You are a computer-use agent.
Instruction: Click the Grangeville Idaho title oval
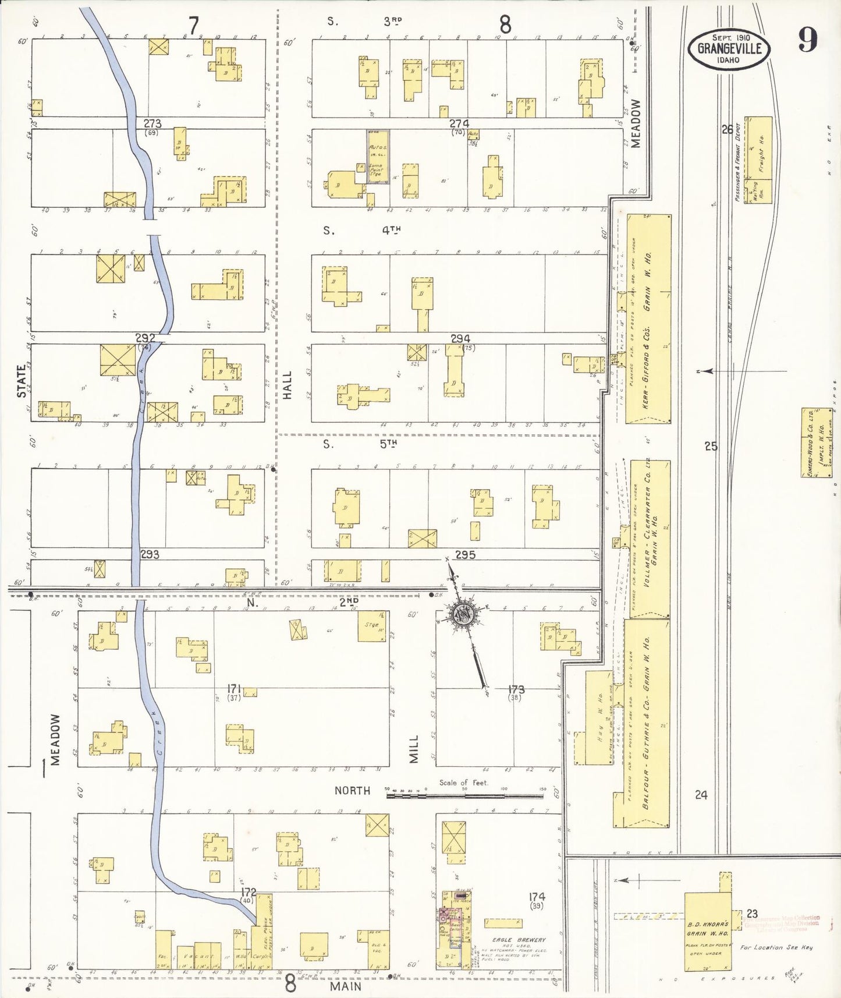pos(729,48)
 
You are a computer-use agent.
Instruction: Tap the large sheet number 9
pos(807,40)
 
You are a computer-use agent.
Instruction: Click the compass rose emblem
pos(464,614)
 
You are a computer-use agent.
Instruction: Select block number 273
pos(152,123)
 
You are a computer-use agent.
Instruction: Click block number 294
pos(460,338)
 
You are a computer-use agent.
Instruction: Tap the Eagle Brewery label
pos(519,939)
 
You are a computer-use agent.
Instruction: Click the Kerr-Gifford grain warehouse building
pos(648,319)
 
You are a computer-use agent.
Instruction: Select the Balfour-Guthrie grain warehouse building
pos(647,722)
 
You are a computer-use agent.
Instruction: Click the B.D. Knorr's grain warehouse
pos(707,931)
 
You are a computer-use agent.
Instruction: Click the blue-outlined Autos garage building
pos(378,157)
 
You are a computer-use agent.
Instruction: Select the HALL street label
pos(287,385)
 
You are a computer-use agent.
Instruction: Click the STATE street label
pos(22,381)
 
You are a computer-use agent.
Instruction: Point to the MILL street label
pos(414,749)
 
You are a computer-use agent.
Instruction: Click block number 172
pos(249,892)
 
